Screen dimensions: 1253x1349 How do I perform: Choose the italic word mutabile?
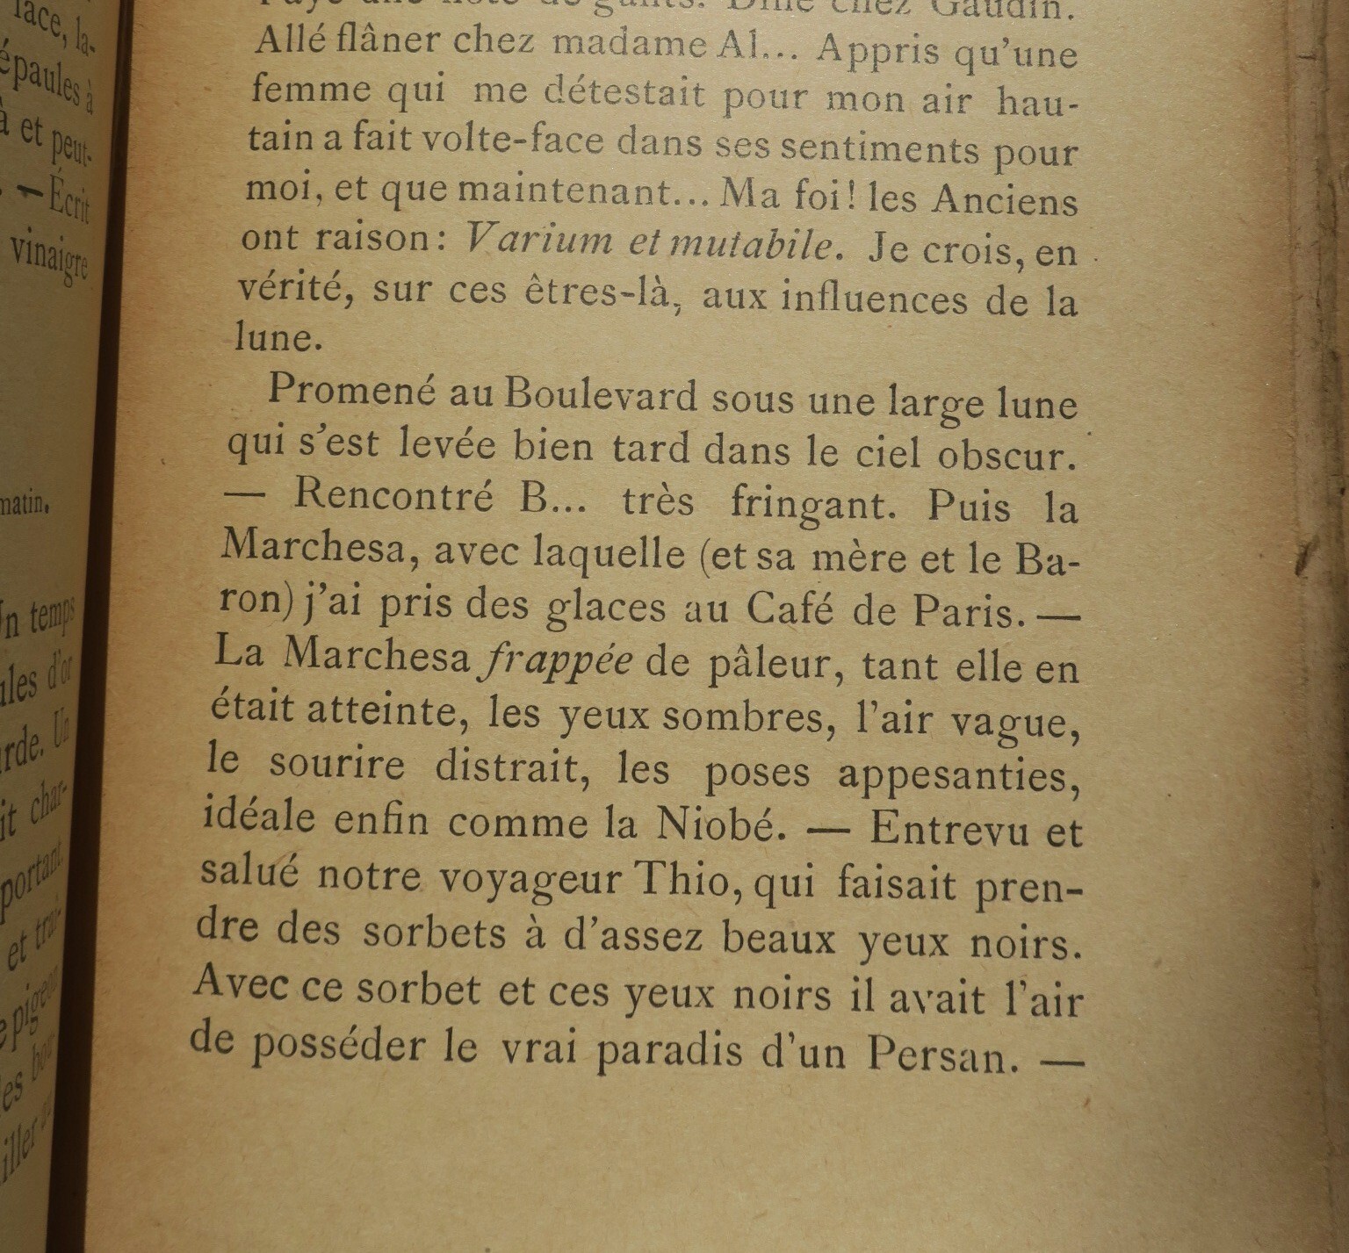point(755,245)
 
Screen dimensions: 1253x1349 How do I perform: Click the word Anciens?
point(1005,200)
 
